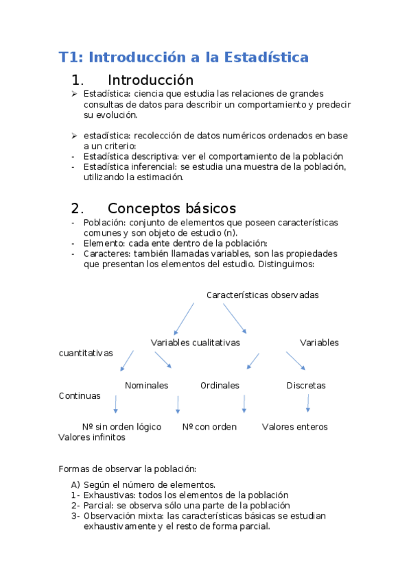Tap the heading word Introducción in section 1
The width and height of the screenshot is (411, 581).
[x=150, y=80]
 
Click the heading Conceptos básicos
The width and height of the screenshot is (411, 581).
[x=172, y=208]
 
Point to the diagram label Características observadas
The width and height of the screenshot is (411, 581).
[x=262, y=295]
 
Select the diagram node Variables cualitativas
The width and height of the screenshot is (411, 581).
[x=195, y=343]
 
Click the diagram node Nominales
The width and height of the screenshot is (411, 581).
[x=146, y=386]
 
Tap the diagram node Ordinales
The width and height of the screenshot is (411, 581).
[x=220, y=386]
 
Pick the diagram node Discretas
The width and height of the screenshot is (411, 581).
[x=306, y=386]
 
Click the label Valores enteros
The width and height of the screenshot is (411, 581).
[x=294, y=427]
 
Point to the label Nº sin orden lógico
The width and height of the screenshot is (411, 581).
[x=121, y=427]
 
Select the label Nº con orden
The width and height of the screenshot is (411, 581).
[x=209, y=427]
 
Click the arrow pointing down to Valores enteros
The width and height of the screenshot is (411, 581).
[x=307, y=404]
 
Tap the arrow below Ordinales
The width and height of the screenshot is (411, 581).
[x=244, y=404]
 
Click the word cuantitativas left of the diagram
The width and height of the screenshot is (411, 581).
[x=86, y=353]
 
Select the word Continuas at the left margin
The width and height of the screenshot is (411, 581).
[x=80, y=396]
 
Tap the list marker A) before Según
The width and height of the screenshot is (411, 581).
[x=75, y=484]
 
